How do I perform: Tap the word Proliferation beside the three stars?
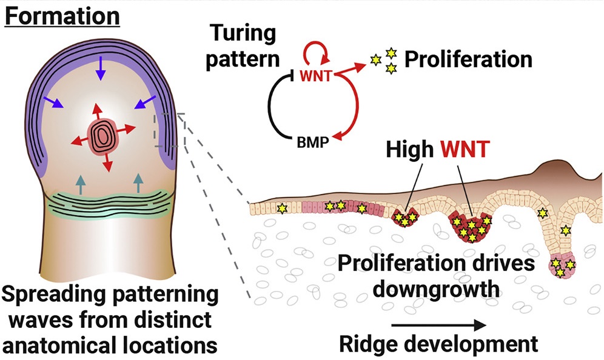coord(468,59)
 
